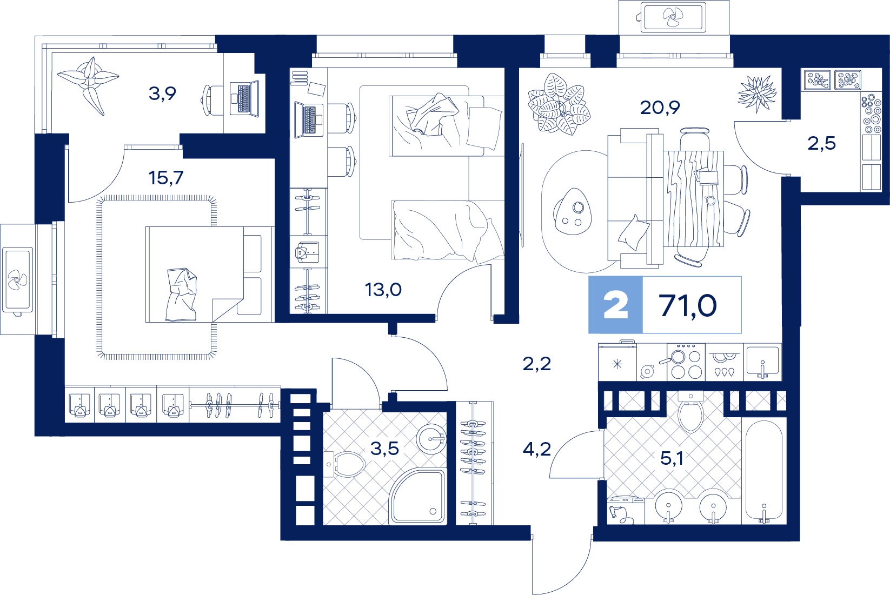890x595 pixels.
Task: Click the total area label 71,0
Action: (x=688, y=306)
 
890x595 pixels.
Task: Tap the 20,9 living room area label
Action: (x=660, y=108)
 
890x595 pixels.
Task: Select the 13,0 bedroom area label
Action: (x=383, y=290)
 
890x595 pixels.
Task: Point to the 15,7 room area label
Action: (x=166, y=178)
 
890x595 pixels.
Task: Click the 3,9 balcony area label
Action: (x=162, y=93)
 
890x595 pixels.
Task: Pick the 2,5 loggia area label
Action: (x=822, y=143)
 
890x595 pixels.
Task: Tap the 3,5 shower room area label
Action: (x=384, y=449)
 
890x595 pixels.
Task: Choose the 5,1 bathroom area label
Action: (x=672, y=458)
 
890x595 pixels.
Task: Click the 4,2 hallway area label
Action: (x=537, y=449)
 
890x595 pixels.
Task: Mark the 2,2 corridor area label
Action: (x=537, y=364)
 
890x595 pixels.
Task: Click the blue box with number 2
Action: (x=615, y=305)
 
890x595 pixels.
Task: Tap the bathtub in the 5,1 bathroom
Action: (x=764, y=471)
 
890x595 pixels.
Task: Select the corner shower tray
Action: (x=417, y=497)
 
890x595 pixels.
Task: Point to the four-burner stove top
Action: (x=686, y=362)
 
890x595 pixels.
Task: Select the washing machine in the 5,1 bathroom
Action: (x=626, y=510)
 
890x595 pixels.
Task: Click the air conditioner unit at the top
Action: (x=673, y=17)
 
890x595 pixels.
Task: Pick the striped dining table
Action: (x=693, y=198)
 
